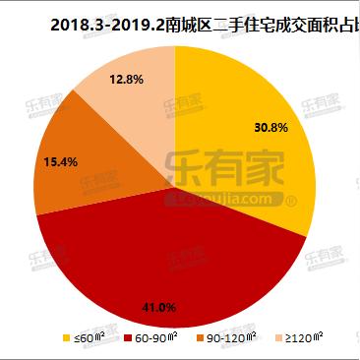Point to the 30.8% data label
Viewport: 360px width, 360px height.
point(270,128)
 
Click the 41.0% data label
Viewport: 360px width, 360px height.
point(159,307)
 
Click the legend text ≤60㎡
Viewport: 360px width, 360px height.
point(89,339)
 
